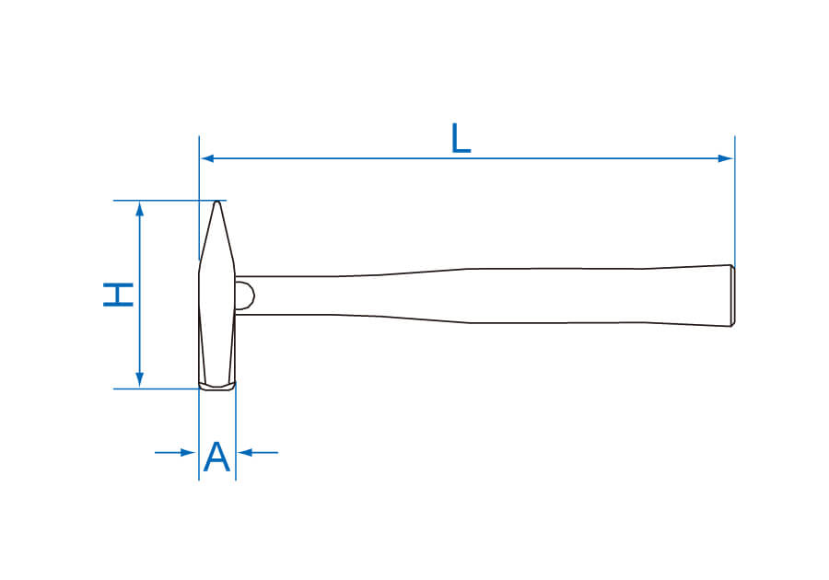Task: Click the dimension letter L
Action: (461, 139)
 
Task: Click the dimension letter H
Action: (119, 295)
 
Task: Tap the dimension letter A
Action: (216, 457)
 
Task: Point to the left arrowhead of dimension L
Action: (207, 158)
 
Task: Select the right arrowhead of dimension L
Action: (726, 158)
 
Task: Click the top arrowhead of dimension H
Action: (140, 210)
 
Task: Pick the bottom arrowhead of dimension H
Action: (140, 379)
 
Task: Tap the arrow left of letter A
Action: (175, 453)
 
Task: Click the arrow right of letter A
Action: (258, 453)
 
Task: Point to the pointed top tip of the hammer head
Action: (216, 202)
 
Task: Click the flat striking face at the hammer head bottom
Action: (217, 388)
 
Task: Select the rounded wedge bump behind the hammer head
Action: (245, 296)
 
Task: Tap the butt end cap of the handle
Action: (733, 296)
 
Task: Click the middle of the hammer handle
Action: (484, 296)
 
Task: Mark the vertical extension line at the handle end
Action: (734, 201)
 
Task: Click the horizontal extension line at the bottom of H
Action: (157, 389)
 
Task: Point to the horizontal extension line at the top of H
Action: (169, 201)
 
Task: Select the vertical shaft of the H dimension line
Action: (140, 295)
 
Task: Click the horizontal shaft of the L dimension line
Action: (467, 158)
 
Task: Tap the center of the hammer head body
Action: (217, 296)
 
